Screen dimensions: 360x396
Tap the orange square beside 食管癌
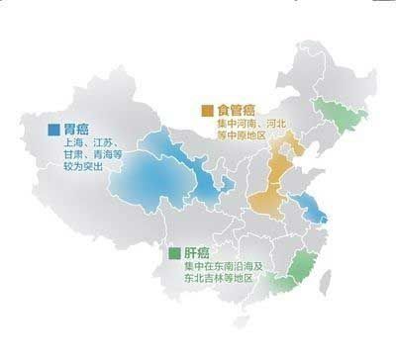tap(207, 110)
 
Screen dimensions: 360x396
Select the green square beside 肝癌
tap(173, 252)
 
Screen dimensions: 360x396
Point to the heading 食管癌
tap(234, 110)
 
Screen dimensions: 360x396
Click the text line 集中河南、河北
tap(250, 125)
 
